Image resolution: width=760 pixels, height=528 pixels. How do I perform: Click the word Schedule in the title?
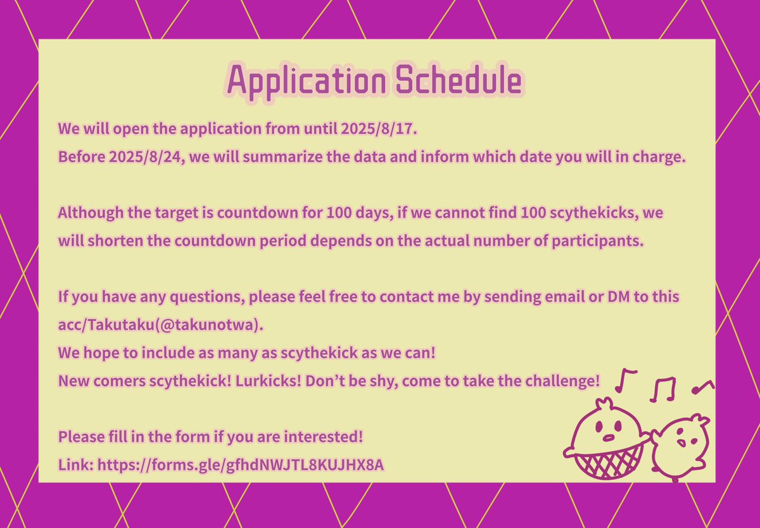click(455, 81)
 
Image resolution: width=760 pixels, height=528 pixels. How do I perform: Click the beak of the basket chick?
click(609, 436)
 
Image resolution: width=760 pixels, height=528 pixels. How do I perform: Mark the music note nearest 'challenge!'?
click(627, 380)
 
